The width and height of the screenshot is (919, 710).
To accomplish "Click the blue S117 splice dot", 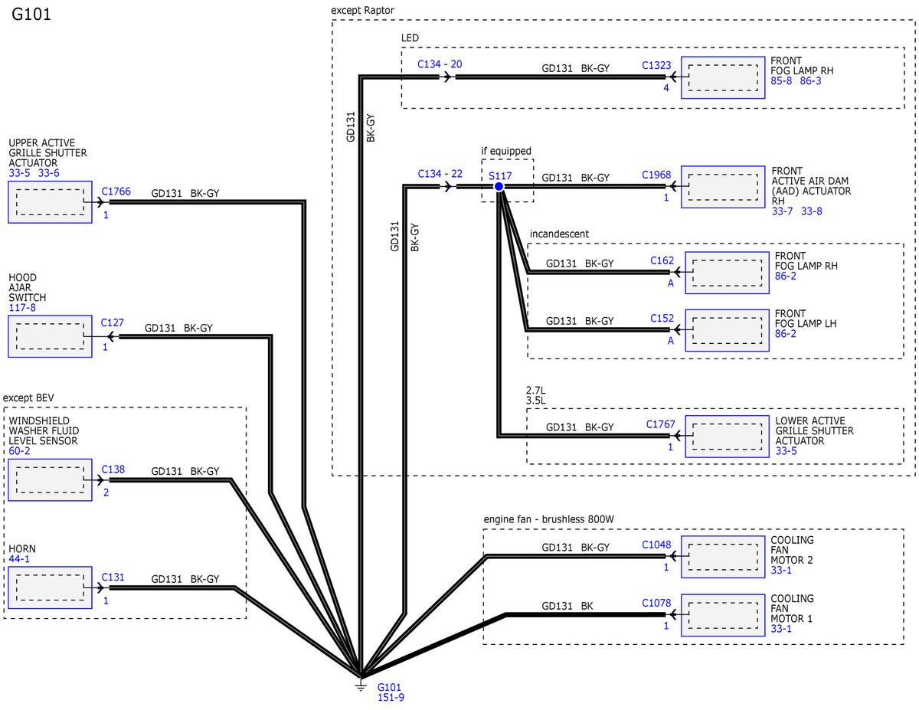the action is (x=499, y=186).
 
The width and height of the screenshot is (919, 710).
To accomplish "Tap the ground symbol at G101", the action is (x=361, y=685).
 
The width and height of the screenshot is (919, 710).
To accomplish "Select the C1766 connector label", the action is (x=116, y=191).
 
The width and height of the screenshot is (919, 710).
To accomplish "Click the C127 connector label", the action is (x=112, y=322).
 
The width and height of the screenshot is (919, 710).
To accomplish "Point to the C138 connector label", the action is (x=113, y=470).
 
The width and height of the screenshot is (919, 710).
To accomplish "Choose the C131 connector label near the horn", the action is (x=113, y=577).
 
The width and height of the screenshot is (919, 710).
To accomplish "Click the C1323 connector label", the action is (x=656, y=65).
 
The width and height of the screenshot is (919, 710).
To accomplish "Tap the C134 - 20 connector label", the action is (x=440, y=64).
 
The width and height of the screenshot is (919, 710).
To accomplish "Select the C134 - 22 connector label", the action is (x=440, y=174).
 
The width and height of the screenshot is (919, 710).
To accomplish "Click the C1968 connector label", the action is (x=656, y=175).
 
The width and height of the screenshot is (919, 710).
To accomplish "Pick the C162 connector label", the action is (x=662, y=260).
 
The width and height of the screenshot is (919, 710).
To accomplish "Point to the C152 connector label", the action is (x=662, y=318).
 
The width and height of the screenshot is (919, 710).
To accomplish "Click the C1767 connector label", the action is (x=661, y=424).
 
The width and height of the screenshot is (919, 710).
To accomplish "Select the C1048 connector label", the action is (x=656, y=545).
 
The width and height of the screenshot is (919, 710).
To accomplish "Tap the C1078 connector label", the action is (x=656, y=603).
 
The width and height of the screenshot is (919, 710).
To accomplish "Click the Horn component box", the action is (x=50, y=587).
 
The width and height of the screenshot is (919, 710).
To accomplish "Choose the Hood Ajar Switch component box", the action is (x=50, y=336).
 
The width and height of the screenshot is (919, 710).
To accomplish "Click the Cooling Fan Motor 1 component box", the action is (x=723, y=615).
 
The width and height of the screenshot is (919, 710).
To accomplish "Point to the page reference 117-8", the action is (x=22, y=308).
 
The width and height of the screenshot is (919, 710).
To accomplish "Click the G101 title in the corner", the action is (x=31, y=15).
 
